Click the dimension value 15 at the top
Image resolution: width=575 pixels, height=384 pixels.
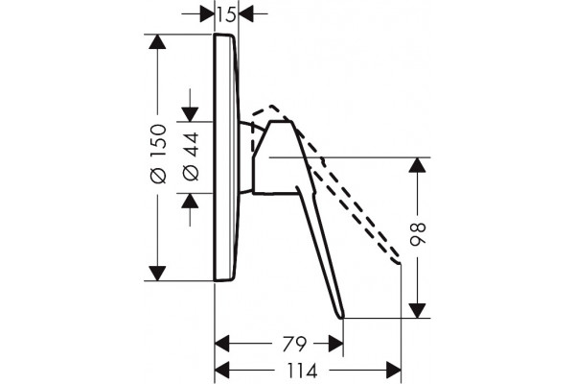pyautogui.click(x=226, y=14)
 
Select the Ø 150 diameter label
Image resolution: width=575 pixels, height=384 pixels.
pyautogui.click(x=159, y=154)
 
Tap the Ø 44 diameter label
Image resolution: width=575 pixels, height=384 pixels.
pyautogui.click(x=191, y=156)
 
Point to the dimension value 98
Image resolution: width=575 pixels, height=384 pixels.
pyautogui.click(x=418, y=233)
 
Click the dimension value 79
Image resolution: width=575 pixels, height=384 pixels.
pyautogui.click(x=294, y=345)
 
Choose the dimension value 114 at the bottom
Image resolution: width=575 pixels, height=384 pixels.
pyautogui.click(x=302, y=371)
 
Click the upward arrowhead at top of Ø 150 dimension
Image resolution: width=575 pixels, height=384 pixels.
pyautogui.click(x=157, y=41)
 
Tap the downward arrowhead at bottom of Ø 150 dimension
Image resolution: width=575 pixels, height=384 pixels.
pyautogui.click(x=157, y=274)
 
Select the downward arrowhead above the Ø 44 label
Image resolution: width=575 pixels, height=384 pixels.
pyautogui.click(x=190, y=114)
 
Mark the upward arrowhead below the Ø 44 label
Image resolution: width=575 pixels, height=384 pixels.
pyautogui.click(x=190, y=201)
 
